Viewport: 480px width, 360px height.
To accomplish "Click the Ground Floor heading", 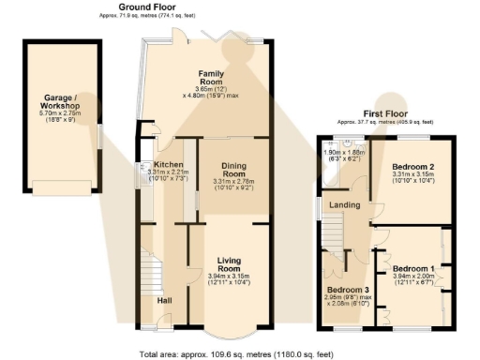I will tap(144, 7).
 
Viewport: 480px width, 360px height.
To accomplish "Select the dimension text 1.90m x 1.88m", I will tap(341, 151).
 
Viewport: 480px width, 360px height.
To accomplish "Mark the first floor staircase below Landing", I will tap(335, 233).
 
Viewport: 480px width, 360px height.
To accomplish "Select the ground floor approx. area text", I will tap(144, 16).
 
